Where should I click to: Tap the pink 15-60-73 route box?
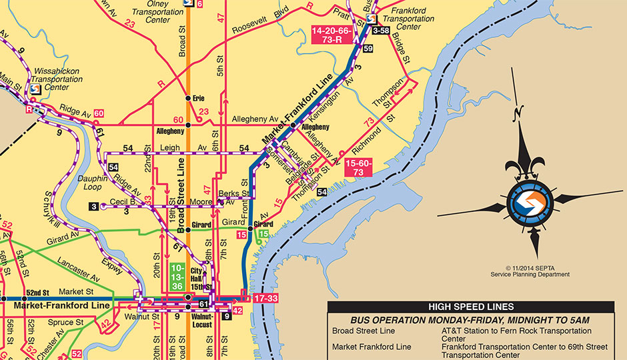pos(360,167)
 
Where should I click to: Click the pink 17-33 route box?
pos(265,298)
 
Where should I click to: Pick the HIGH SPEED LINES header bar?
pos(470,307)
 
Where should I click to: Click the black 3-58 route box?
pos(381,31)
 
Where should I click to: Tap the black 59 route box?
pos(368,49)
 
